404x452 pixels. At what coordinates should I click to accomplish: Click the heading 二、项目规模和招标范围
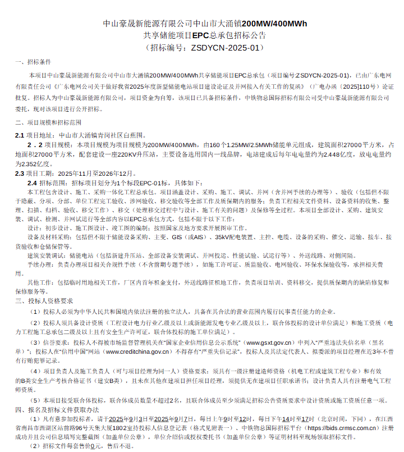point(48,122)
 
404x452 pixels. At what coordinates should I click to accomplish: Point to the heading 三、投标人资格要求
point(44,301)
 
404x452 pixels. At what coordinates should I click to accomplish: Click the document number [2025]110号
point(353,88)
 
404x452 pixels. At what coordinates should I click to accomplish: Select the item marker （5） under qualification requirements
point(35,400)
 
